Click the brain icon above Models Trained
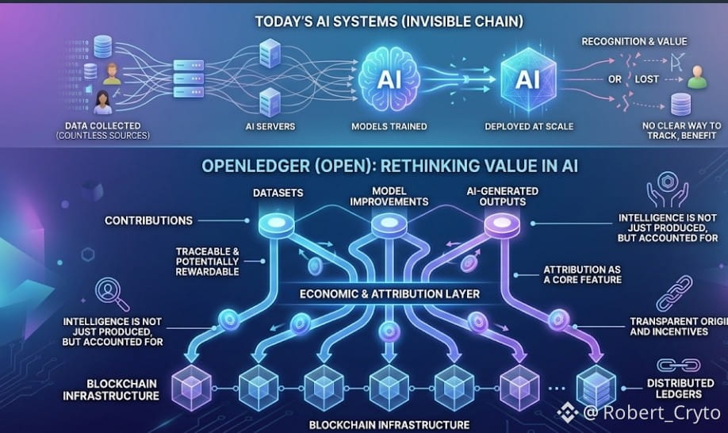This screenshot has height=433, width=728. coord(389,80)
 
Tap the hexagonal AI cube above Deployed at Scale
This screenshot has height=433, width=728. coord(528,79)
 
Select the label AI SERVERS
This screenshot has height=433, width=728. coord(270,126)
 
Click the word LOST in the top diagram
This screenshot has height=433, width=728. coord(646,79)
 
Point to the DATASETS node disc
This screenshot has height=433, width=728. coord(276,224)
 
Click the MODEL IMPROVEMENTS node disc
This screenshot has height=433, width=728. coord(389,224)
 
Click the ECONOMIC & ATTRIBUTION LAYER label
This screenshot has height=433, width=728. coord(389,293)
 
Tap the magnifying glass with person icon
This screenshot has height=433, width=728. coord(112,293)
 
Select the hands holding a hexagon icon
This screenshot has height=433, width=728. coord(667,189)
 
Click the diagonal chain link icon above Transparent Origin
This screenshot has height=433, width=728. coord(674,293)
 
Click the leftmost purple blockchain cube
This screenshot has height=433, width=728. coord(191,388)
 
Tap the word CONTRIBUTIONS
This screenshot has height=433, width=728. coord(148,220)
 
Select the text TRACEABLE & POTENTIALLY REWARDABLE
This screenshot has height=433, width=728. coord(207,261)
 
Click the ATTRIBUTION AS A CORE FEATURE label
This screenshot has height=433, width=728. coord(582,274)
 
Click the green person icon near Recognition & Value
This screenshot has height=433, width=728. coord(697,77)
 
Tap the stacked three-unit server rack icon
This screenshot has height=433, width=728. coord(189,79)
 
